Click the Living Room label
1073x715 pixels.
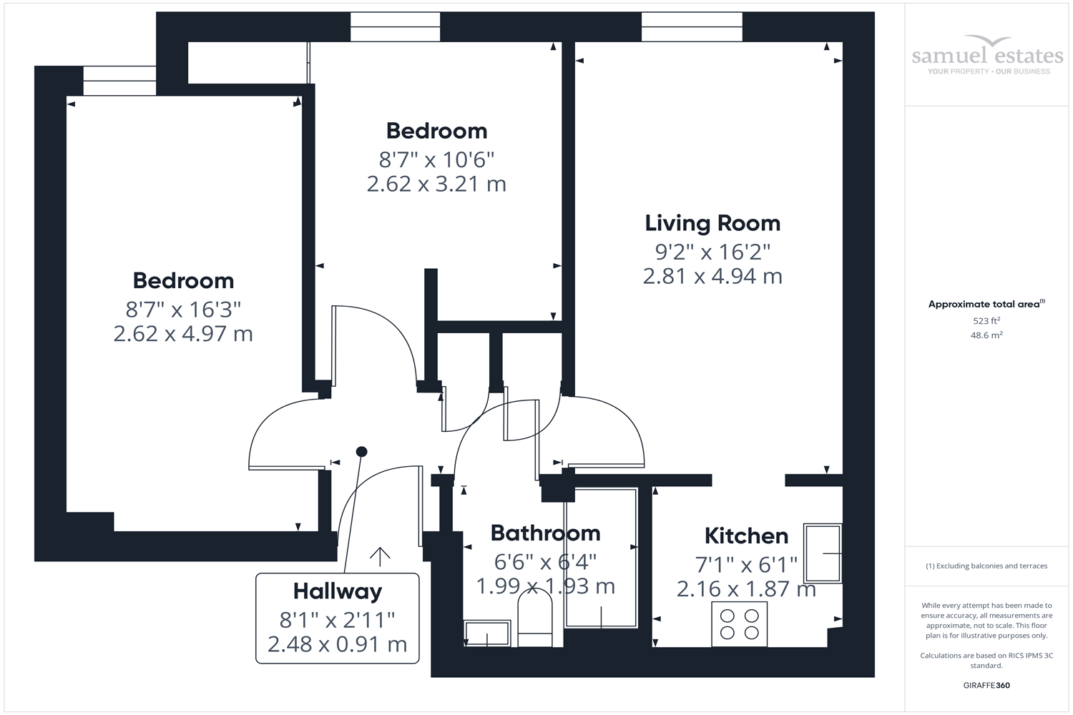[x=712, y=223]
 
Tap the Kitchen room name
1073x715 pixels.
[x=746, y=536]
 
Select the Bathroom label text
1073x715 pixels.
[x=545, y=533]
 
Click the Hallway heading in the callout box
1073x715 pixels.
[x=337, y=591]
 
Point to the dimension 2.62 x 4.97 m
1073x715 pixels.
[x=183, y=334]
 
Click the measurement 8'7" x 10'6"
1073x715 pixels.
[x=436, y=159]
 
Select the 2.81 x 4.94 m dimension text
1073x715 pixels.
[x=712, y=276]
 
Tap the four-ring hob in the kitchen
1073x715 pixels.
[x=739, y=623]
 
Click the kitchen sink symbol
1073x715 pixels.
[x=823, y=553]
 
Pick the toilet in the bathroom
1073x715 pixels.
[x=534, y=622]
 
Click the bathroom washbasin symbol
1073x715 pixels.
[x=487, y=633]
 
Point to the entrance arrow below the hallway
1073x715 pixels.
[x=380, y=556]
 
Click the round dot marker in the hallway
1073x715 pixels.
[x=362, y=451]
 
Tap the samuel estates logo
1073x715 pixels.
[x=988, y=55]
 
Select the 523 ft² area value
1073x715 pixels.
[x=986, y=321]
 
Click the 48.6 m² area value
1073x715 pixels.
[x=986, y=335]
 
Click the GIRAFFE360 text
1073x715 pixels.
[x=986, y=685]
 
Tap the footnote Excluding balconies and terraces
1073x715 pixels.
[x=986, y=566]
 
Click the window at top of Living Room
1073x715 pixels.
[x=692, y=27]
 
